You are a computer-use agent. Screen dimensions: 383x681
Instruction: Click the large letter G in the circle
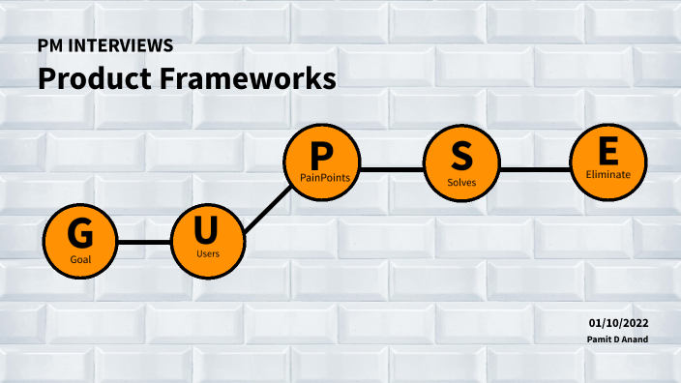tap(79, 234)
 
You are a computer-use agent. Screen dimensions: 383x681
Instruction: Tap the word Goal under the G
tap(80, 260)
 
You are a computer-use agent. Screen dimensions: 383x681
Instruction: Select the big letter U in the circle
tap(207, 230)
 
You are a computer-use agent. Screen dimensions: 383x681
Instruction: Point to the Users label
tap(208, 253)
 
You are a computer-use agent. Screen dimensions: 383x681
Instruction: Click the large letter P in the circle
tap(322, 155)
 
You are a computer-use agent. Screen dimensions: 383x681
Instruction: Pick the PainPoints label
tap(323, 177)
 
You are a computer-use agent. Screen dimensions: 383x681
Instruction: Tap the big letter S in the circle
tap(462, 157)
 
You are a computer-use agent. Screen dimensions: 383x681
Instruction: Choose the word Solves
tap(462, 181)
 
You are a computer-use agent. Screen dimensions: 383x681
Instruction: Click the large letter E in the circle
tap(607, 152)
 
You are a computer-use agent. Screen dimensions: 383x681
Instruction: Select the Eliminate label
tap(607, 175)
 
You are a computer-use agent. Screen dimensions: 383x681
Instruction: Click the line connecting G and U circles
tap(144, 242)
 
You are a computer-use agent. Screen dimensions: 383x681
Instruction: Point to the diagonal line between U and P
tap(268, 207)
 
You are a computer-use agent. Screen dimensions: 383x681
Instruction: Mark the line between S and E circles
tap(535, 169)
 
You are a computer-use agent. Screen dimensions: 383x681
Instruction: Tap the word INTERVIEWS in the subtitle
tap(123, 46)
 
